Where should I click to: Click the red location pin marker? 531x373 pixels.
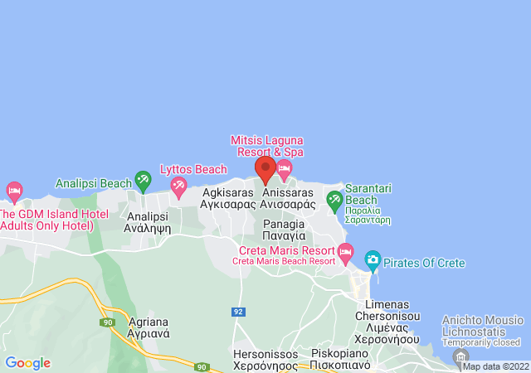point(265,170)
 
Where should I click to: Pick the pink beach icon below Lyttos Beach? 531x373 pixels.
point(178,190)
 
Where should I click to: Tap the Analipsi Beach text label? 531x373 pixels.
point(93,182)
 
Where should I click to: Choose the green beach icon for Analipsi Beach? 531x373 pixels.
point(143,178)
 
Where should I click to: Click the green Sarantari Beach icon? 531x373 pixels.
point(334,199)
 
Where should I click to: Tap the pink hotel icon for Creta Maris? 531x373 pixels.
point(346,251)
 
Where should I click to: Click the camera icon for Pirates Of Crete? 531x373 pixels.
point(373,262)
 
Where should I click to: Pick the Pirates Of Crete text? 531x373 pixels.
point(425,264)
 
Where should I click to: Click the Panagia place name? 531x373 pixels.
point(284,230)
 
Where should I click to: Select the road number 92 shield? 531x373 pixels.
point(239,312)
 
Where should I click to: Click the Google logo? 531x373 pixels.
point(27,363)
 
